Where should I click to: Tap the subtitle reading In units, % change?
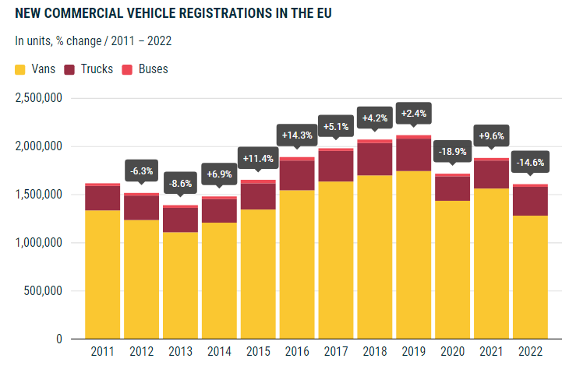[x=94, y=41]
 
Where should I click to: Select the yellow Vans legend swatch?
[x=21, y=69]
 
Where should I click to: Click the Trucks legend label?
[x=97, y=69]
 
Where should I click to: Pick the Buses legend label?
[x=153, y=69]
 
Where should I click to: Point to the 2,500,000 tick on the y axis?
[x=38, y=98]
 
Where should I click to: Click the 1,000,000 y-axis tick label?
[x=38, y=243]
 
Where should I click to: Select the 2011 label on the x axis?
[x=102, y=351]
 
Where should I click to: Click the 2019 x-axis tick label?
[x=413, y=351]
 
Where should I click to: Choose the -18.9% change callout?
[x=452, y=152]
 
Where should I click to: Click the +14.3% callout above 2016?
[x=297, y=135]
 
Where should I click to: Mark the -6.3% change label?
[x=141, y=170]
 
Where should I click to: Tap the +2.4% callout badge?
[x=413, y=114]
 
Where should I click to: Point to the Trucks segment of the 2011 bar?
[x=102, y=198]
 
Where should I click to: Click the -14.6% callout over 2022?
[x=530, y=163]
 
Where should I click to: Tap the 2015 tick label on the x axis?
[x=258, y=351]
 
